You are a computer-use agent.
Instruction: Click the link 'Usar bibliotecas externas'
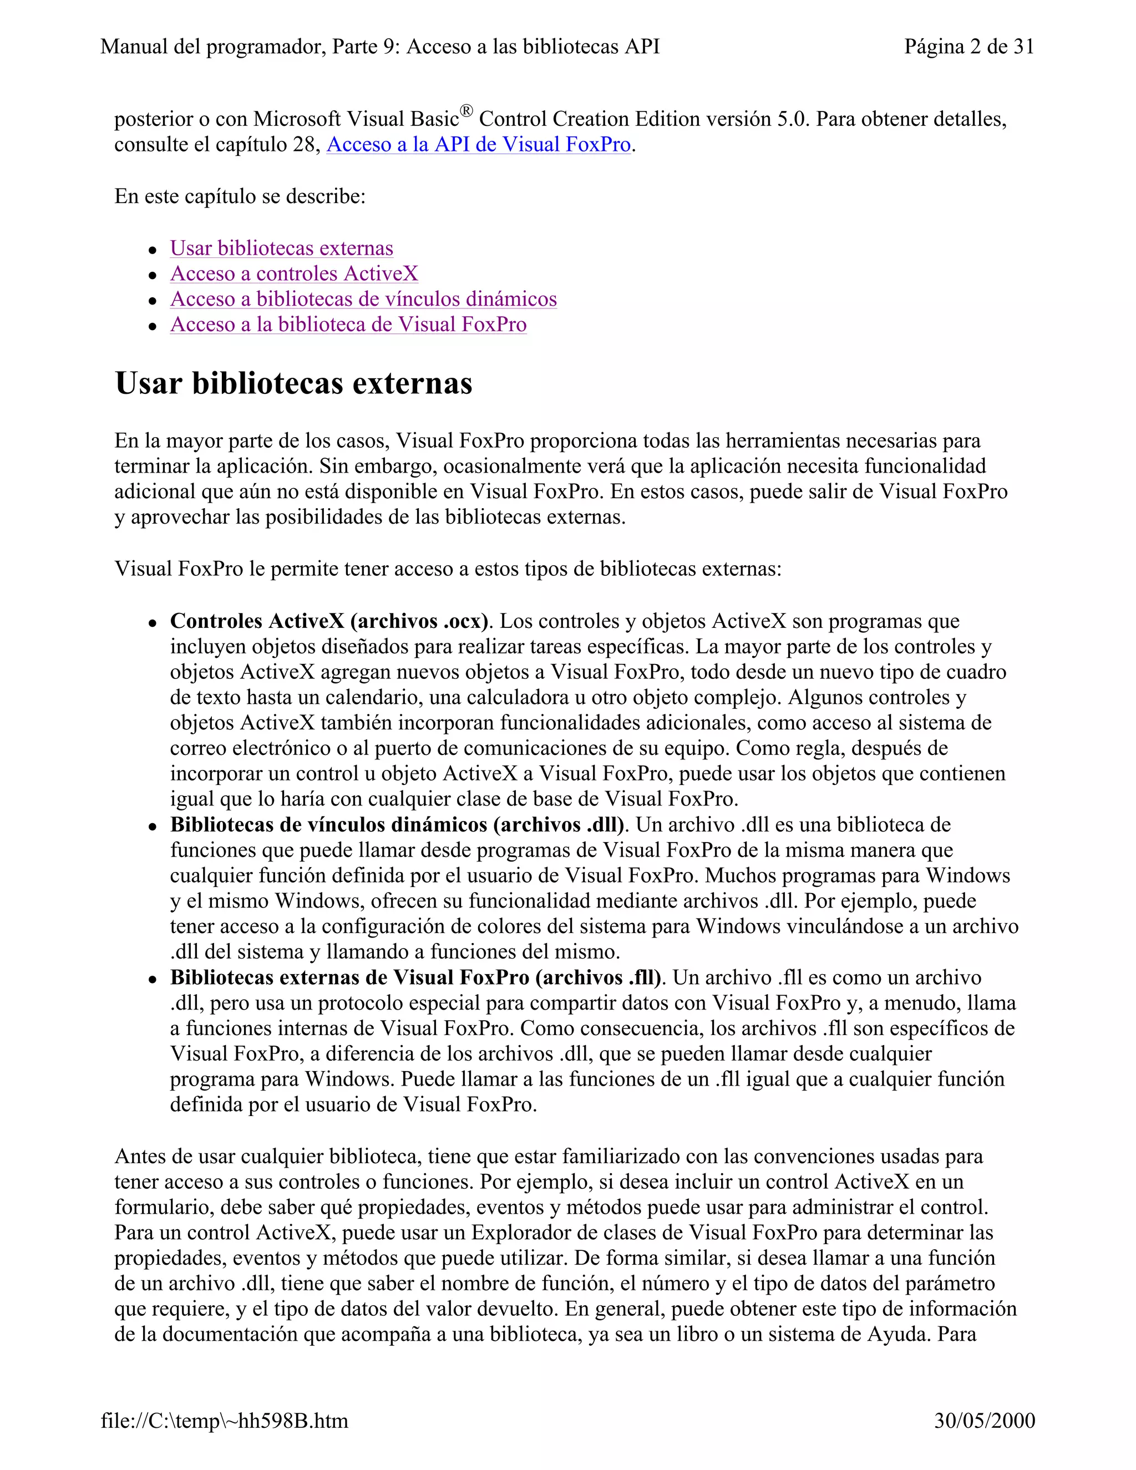click(x=281, y=249)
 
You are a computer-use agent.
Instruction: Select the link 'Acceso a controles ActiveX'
click(x=294, y=274)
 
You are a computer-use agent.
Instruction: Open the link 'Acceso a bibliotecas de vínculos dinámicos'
click(x=363, y=300)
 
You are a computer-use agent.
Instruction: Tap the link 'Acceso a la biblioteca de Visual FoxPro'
click(x=348, y=325)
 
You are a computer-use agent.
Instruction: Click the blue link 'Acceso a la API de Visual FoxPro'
click(x=479, y=145)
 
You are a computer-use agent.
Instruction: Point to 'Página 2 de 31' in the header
click(x=968, y=47)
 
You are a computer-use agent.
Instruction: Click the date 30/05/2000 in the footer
click(x=984, y=1421)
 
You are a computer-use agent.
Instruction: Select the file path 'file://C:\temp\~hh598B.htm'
click(x=224, y=1421)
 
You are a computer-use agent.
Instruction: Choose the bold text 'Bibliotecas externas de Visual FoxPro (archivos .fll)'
click(x=415, y=977)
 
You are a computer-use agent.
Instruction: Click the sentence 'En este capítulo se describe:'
click(x=240, y=196)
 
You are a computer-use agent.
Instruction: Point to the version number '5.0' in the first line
click(x=792, y=119)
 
